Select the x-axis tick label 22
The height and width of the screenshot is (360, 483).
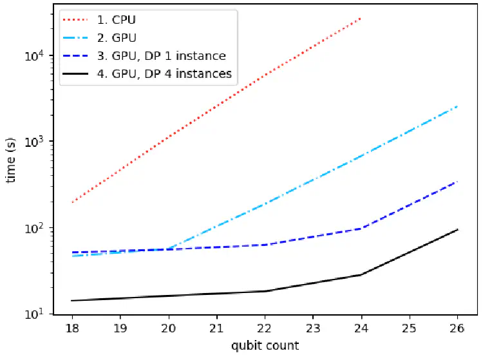tap(265, 328)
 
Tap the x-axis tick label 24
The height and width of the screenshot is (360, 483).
tap(361, 328)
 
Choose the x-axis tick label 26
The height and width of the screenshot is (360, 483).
tap(457, 328)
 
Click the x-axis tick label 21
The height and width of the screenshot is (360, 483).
tap(216, 328)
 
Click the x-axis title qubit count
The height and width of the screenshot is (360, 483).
tap(265, 346)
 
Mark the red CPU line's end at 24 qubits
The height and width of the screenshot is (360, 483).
tap(361, 19)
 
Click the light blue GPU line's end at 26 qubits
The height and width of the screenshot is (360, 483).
tap(457, 106)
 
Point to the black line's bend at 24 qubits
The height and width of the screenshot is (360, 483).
tap(361, 275)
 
